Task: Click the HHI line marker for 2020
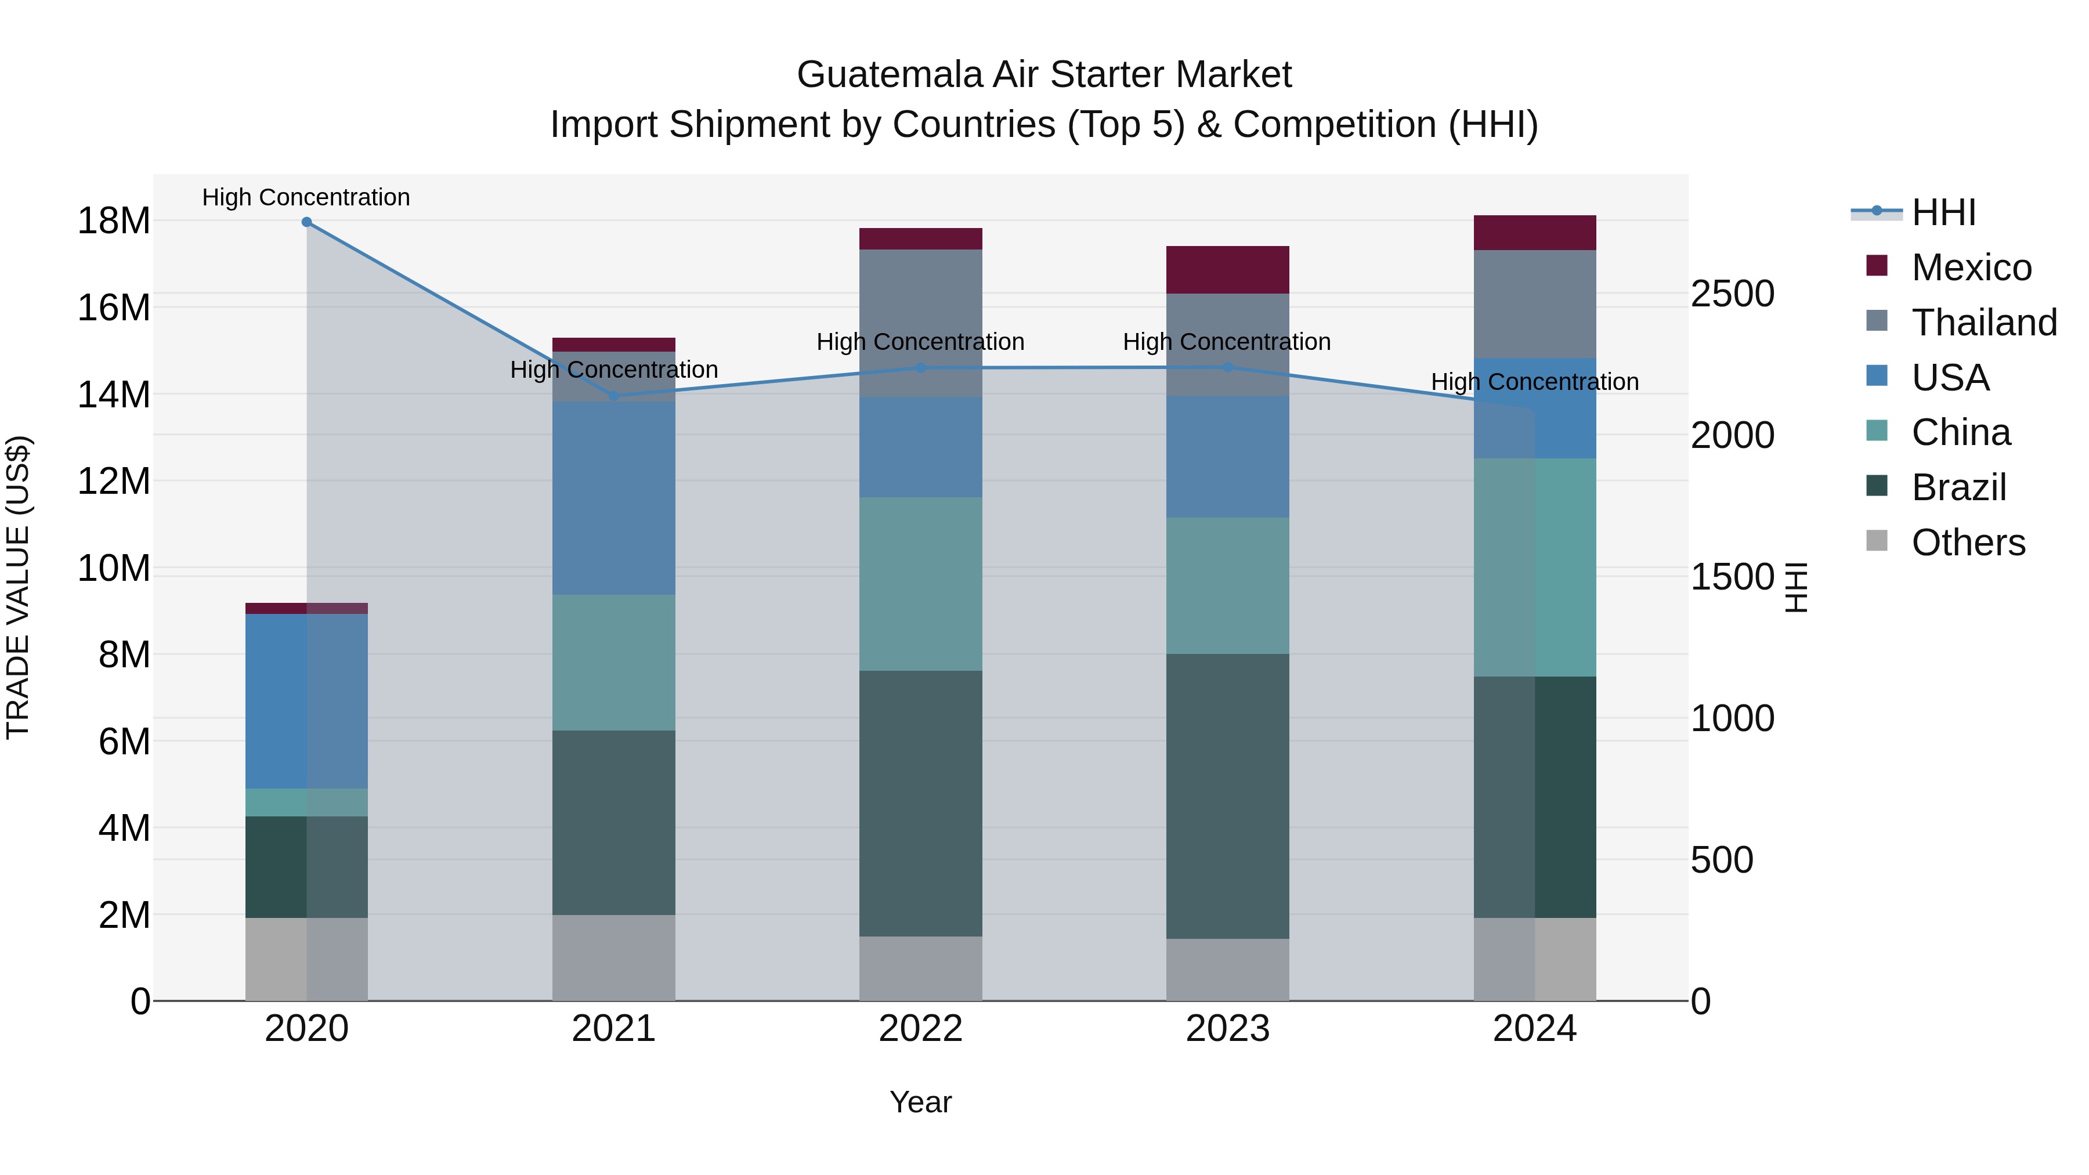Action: [306, 222]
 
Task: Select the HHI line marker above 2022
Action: [920, 368]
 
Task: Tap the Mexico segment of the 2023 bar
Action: [1227, 270]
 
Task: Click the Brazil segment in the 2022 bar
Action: [920, 803]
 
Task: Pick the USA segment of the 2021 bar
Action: [614, 498]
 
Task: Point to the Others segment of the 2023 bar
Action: [1227, 970]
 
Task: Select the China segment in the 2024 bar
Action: [1534, 567]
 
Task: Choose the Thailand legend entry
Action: [1983, 323]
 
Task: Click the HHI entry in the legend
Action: [1943, 212]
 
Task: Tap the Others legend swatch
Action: [1877, 541]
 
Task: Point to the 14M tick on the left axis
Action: [114, 395]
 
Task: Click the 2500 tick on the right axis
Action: [1732, 294]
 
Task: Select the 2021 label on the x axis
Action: [614, 1029]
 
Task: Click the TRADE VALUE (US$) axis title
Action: [18, 587]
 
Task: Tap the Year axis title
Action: [920, 1102]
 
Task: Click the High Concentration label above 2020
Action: [306, 197]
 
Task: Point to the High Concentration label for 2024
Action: [1534, 381]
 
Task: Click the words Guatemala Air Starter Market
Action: [1044, 75]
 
